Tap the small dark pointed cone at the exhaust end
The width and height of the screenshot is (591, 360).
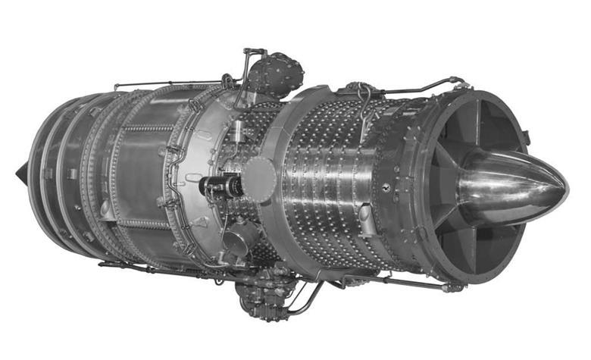pos(20,174)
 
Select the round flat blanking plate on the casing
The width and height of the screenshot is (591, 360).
pos(259,179)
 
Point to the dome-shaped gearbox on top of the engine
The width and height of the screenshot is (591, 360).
pos(276,74)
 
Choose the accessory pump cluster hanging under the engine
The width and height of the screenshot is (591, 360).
pos(261,296)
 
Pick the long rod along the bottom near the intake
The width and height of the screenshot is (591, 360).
pos(394,282)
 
